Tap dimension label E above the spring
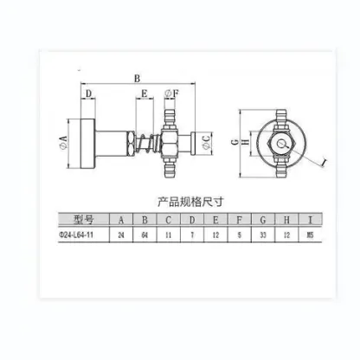pos(145,93)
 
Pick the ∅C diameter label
pos(205,141)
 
